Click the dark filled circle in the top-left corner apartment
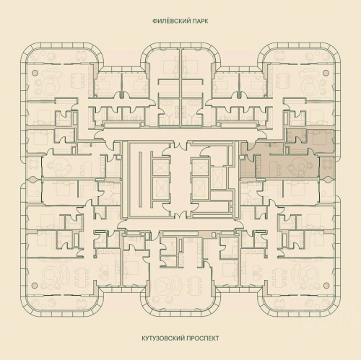[x=33, y=74]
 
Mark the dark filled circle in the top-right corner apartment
[x=326, y=74]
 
